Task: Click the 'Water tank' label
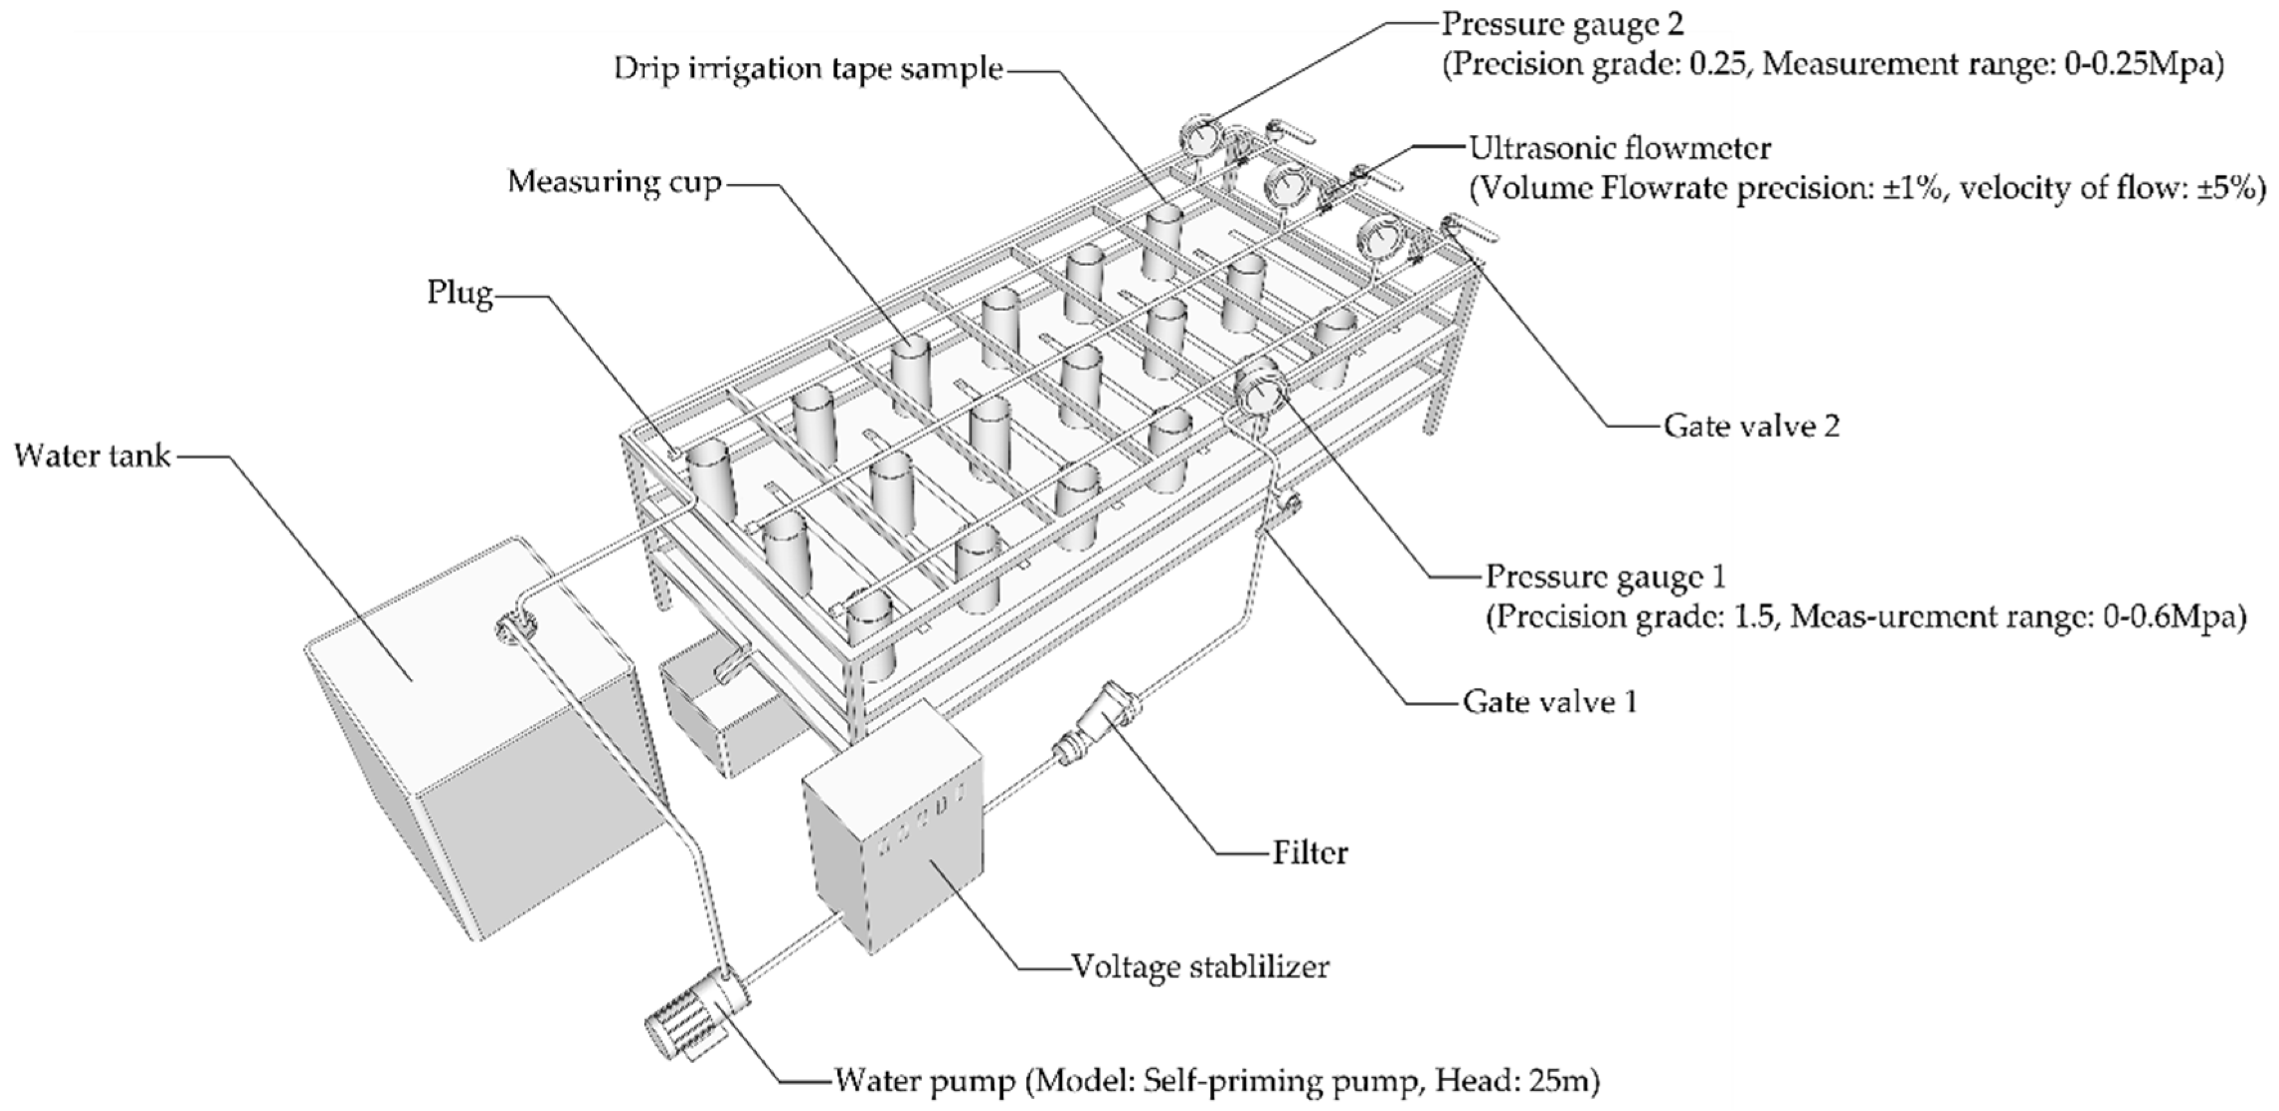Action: pyautogui.click(x=93, y=456)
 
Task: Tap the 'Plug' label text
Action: pyautogui.click(x=460, y=292)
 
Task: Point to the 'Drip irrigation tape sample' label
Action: pyautogui.click(x=809, y=69)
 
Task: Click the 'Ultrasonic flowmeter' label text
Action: pyautogui.click(x=1619, y=148)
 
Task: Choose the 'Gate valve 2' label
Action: pyautogui.click(x=1752, y=426)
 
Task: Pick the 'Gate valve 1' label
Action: pyautogui.click(x=1549, y=701)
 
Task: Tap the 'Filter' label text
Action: pyautogui.click(x=1310, y=852)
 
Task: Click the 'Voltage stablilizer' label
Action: pyautogui.click(x=1200, y=966)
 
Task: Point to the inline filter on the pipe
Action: pyautogui.click(x=1097, y=725)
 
